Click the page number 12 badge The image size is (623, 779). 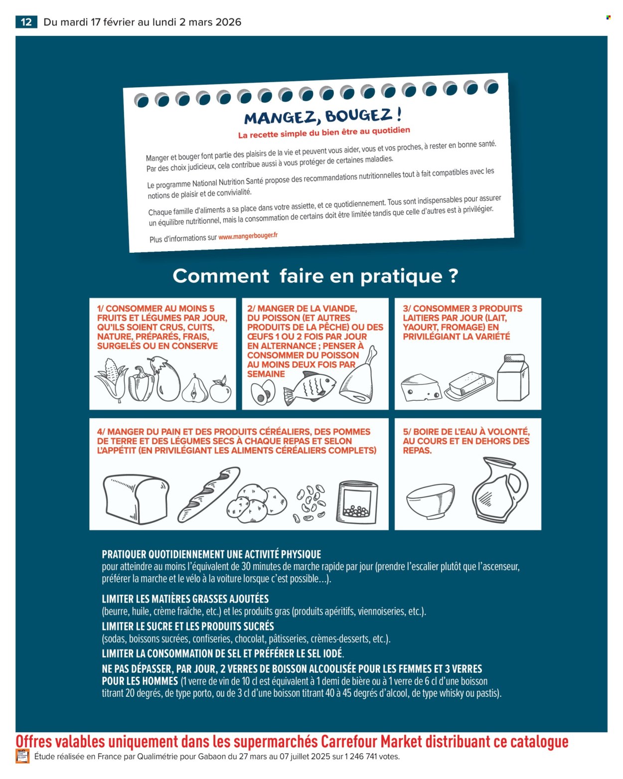(26, 22)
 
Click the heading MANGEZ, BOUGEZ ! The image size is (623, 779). (323, 117)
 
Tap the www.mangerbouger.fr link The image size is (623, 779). (248, 236)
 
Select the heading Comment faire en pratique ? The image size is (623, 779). (315, 276)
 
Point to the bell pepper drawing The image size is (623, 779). (141, 384)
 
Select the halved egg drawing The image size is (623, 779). (263, 392)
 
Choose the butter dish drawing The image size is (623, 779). (469, 386)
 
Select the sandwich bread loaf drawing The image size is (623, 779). (135, 498)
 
